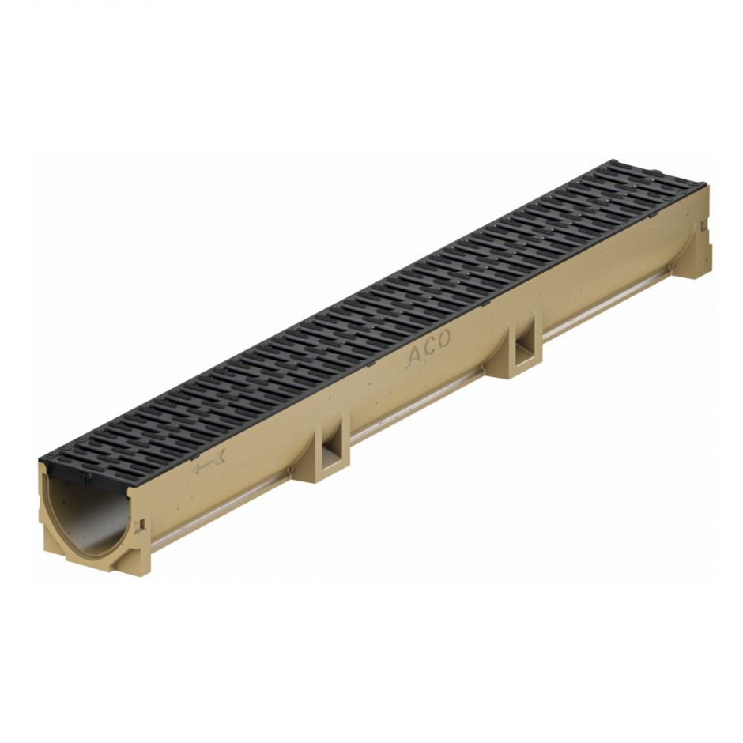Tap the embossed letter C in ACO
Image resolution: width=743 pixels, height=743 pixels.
(429, 347)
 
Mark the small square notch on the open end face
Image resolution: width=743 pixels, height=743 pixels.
(141, 526)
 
